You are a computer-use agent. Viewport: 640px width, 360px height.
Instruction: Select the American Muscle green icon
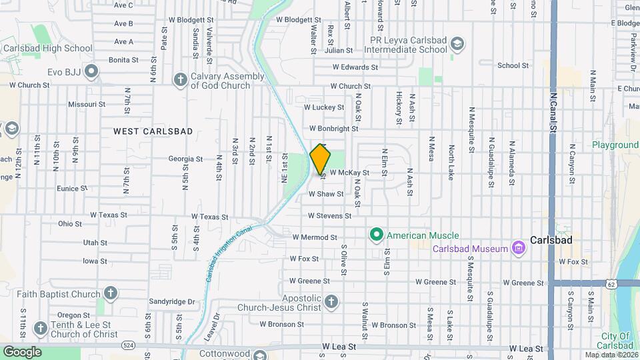376,235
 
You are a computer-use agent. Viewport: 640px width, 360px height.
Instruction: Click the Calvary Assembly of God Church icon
179,80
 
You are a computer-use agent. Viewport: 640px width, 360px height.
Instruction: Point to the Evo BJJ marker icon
92,71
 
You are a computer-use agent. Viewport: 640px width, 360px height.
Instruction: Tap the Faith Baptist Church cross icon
111,293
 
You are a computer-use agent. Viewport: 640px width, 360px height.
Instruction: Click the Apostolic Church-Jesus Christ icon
330,304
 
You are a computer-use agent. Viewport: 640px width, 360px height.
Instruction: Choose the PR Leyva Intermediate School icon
457,45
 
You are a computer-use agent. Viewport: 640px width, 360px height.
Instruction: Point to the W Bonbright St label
334,128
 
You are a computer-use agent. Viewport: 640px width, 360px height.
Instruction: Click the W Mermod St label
315,237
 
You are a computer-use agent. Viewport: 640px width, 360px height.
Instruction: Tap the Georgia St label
185,159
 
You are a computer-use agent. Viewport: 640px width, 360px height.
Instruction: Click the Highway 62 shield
612,285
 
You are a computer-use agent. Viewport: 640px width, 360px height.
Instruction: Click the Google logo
22,351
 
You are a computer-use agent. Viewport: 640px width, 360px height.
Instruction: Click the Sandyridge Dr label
171,301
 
